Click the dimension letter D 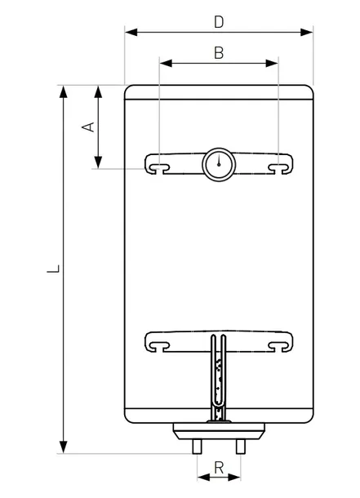tap(219, 22)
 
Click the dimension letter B tap(219, 53)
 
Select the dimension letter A tap(88, 127)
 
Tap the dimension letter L tap(53, 269)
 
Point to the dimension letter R tap(219, 468)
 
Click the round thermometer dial tap(219, 165)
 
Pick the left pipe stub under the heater tap(197, 447)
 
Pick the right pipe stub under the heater tap(240, 447)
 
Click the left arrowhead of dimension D tap(131, 32)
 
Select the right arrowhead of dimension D tap(306, 32)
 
